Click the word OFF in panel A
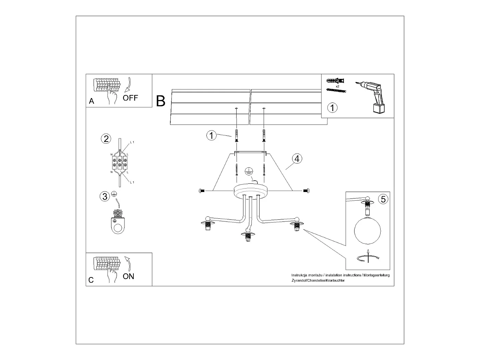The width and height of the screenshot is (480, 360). coord(130,98)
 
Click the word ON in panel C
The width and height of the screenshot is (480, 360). coord(128,276)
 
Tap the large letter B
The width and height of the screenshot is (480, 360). coord(160,101)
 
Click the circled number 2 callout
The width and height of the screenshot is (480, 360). coord(106,139)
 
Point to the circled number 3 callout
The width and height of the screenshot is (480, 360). coord(105,196)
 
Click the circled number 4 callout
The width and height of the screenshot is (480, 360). coord(297,159)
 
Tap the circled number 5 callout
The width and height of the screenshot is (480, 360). coord(383,199)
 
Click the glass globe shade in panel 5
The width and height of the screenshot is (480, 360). coord(368,231)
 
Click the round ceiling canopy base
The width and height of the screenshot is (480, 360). coord(250,191)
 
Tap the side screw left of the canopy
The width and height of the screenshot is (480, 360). coord(202,191)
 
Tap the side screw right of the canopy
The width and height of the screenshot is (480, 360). coord(306,191)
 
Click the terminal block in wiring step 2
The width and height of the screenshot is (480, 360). coord(120,163)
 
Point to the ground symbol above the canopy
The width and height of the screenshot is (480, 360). coord(249,171)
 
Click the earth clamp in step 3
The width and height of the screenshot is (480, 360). coord(118,221)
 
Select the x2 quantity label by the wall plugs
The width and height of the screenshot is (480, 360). coord(337,86)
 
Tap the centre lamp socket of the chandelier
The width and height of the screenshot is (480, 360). coord(248,237)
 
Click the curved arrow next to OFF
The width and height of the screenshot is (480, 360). coord(128,85)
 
